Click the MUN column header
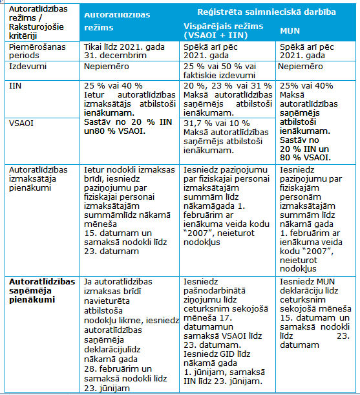pyautogui.click(x=290, y=31)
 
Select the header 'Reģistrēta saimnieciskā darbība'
pyautogui.click(x=266, y=12)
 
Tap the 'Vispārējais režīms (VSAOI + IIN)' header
pyautogui.click(x=223, y=31)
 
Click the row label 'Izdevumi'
pyautogui.click(x=28, y=66)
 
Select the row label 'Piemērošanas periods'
pyautogui.click(x=37, y=51)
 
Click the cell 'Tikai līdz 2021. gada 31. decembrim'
pyautogui.click(x=124, y=51)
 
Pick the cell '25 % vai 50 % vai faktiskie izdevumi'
pyautogui.click(x=220, y=70)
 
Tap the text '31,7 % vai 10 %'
pyautogui.click(x=217, y=123)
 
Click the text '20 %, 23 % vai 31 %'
pyautogui.click(x=228, y=86)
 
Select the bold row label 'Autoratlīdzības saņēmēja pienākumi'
pyautogui.click(x=42, y=290)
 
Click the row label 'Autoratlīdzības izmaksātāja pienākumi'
pyautogui.click(x=38, y=179)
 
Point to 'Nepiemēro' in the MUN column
pyautogui.click(x=301, y=66)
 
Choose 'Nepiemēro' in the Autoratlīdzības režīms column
pyautogui.click(x=106, y=66)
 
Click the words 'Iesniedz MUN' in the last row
pyautogui.click(x=308, y=282)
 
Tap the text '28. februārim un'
pyautogui.click(x=118, y=368)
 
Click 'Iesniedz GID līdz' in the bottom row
pyautogui.click(x=217, y=354)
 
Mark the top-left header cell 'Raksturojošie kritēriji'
pyautogui.click(x=36, y=31)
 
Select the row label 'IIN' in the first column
pyautogui.click(x=15, y=86)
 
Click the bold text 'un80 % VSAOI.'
pyautogui.click(x=114, y=131)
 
